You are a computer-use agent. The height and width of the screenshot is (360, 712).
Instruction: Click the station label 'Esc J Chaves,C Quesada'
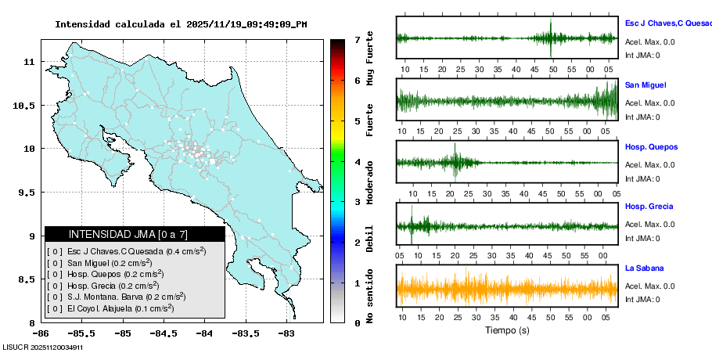[x=667, y=23]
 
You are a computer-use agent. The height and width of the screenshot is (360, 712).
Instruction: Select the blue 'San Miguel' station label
[x=645, y=85]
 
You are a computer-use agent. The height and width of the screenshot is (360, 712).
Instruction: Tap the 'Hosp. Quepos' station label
[x=651, y=147]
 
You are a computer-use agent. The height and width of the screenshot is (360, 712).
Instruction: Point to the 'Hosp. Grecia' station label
[x=649, y=207]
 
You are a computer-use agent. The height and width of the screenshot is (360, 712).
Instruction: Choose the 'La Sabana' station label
[x=644, y=268]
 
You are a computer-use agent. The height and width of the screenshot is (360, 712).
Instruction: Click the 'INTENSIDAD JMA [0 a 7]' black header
[x=135, y=234]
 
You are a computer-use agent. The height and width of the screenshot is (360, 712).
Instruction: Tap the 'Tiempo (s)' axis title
[x=507, y=330]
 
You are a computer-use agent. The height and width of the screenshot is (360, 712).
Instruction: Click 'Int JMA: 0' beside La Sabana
[x=642, y=299]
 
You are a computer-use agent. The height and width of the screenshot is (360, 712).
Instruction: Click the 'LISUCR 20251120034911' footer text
[x=43, y=346]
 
